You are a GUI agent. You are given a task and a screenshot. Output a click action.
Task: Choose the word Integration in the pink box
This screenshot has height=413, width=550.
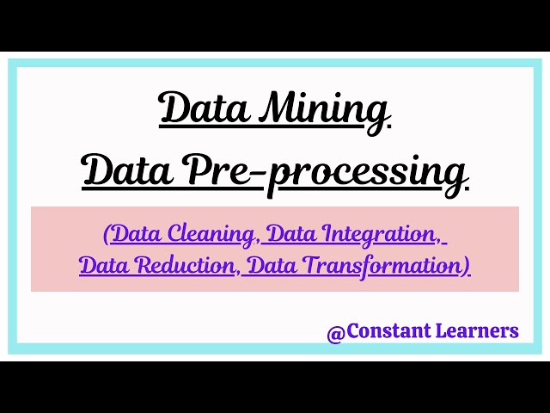pyautogui.click(x=381, y=233)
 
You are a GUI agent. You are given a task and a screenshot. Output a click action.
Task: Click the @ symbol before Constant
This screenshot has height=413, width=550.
pyautogui.click(x=335, y=331)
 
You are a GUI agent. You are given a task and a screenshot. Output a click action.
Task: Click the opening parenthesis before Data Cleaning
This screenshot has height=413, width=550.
pyautogui.click(x=107, y=234)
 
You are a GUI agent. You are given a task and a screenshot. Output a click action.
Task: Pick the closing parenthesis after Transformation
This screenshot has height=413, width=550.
pyautogui.click(x=467, y=267)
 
